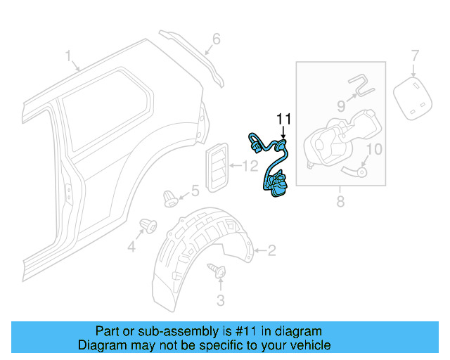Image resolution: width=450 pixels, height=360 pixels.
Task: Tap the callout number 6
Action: click(216, 39)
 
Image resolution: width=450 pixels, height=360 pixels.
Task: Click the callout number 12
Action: click(251, 167)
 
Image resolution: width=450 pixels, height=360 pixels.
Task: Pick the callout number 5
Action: click(195, 190)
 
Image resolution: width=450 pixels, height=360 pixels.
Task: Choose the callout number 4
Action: click(131, 247)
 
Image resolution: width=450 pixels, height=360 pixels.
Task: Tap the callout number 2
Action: click(272, 250)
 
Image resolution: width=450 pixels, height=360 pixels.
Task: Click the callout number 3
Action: click(220, 302)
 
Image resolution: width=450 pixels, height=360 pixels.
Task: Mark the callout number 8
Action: click(340, 202)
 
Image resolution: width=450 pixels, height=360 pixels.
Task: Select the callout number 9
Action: click(341, 106)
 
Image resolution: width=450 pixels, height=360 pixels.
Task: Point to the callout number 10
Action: click(374, 149)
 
